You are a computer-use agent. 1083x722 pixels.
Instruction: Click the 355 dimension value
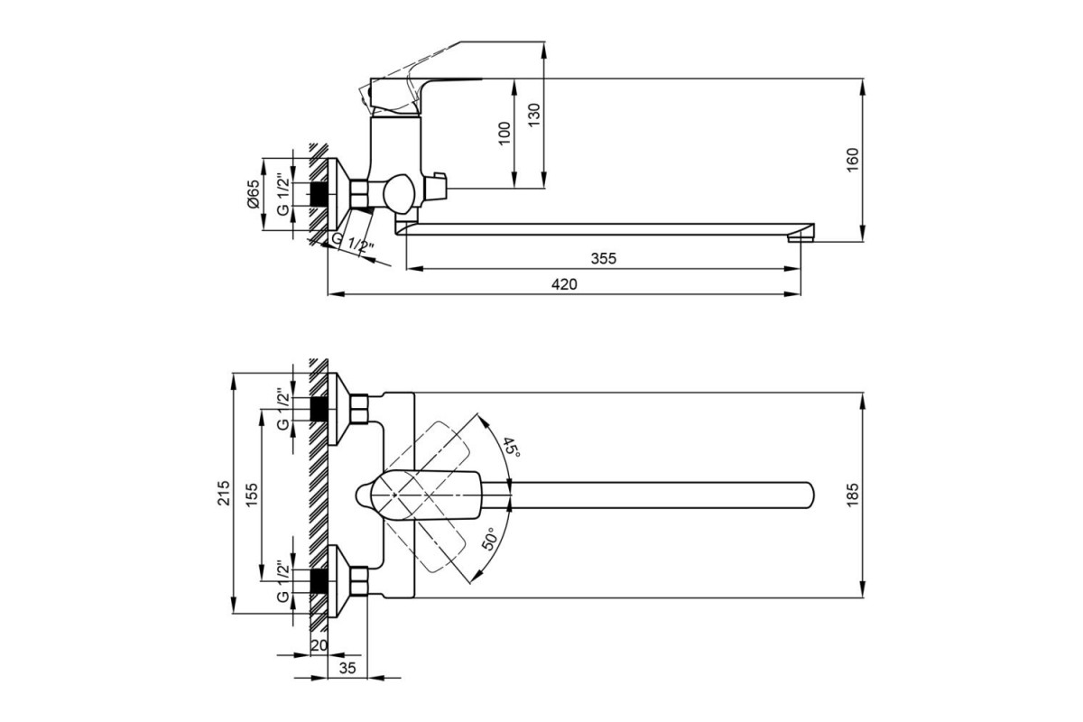click(604, 259)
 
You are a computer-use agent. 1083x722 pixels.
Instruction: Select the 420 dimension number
click(564, 284)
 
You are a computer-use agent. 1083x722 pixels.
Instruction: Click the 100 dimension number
click(504, 134)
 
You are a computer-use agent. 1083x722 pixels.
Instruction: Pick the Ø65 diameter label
click(253, 194)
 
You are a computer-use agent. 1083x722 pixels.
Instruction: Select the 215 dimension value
click(224, 493)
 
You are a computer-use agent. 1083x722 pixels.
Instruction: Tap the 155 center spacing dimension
click(253, 495)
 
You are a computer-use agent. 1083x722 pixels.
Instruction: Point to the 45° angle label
click(511, 448)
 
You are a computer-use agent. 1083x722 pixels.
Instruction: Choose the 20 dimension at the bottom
click(319, 645)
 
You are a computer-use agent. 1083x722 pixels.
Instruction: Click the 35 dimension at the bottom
click(347, 668)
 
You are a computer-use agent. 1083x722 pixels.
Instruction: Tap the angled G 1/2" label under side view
click(353, 244)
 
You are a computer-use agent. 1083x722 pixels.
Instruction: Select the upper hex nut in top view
click(359, 409)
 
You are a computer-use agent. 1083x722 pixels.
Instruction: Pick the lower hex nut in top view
click(359, 581)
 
